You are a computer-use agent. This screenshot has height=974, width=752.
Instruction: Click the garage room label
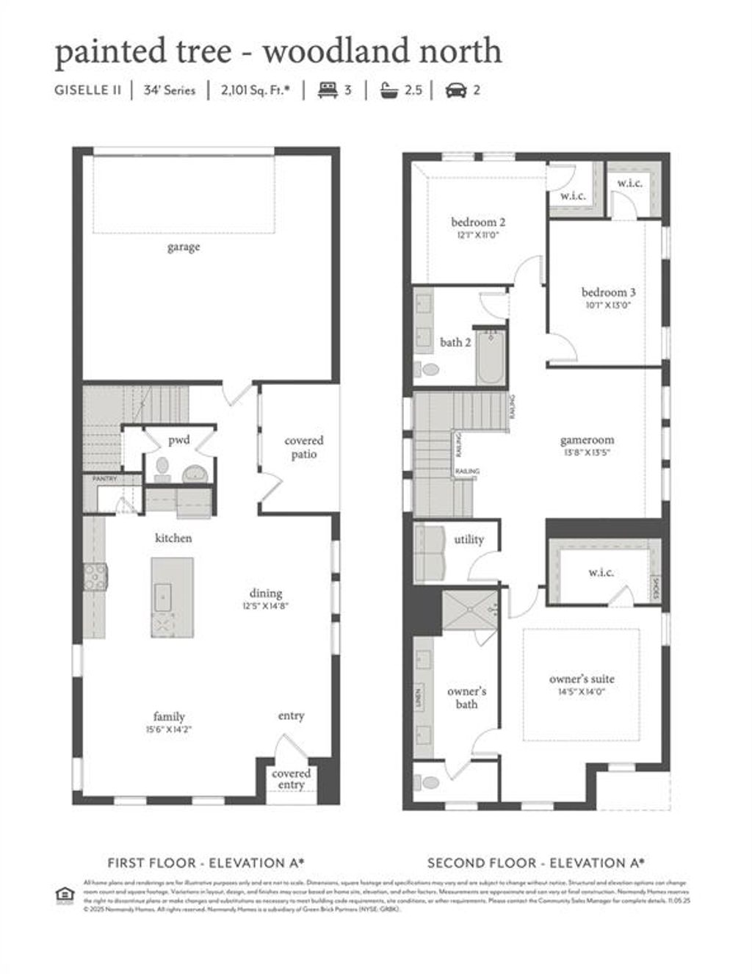(x=183, y=247)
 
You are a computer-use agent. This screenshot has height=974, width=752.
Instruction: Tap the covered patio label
(x=303, y=447)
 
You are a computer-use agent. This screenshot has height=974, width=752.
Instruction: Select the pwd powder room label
(x=178, y=440)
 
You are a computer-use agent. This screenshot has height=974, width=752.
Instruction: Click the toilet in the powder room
(x=162, y=466)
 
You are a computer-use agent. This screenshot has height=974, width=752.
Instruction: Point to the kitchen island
(x=173, y=597)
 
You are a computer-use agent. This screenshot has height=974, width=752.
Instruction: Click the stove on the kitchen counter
(x=95, y=577)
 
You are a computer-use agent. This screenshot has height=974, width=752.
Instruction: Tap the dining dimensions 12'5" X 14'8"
(x=265, y=607)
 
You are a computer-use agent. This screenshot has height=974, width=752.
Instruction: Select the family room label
(x=169, y=716)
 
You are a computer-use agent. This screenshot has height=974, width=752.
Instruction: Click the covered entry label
(x=291, y=779)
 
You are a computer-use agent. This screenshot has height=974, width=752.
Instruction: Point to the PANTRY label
(x=104, y=478)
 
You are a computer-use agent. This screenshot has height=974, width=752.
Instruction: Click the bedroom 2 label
(x=478, y=222)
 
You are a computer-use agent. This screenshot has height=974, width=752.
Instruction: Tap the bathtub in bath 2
(x=491, y=358)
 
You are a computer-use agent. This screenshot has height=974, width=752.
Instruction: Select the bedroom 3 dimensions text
(x=608, y=305)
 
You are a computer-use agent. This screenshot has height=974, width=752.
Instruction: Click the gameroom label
(x=587, y=440)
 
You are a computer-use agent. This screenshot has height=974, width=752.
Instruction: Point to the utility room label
(x=469, y=539)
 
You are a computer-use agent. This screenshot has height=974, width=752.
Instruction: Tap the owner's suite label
(x=582, y=679)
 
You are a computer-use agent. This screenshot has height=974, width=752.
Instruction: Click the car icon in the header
(x=456, y=90)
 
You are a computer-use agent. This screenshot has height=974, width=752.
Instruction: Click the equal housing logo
(x=65, y=895)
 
